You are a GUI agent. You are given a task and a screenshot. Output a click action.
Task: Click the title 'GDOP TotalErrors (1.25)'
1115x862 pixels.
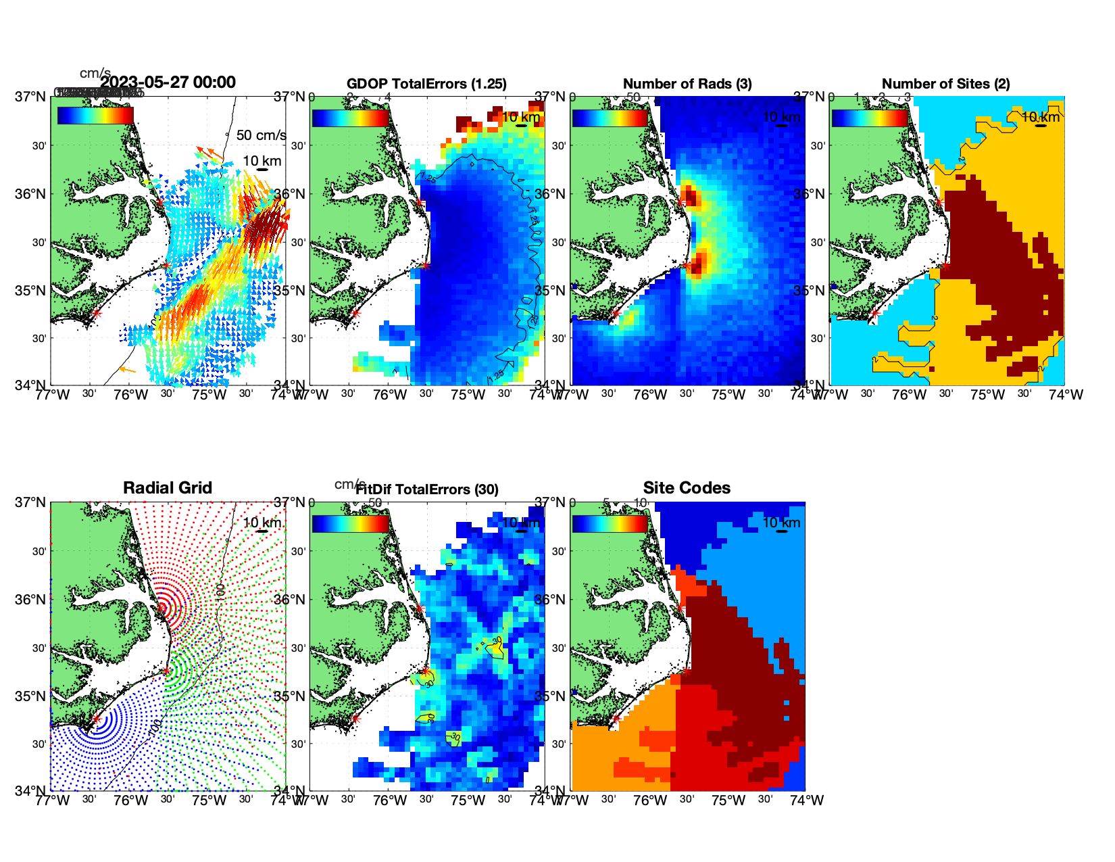coord(426,84)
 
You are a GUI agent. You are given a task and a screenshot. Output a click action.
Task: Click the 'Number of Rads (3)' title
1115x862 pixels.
coord(687,84)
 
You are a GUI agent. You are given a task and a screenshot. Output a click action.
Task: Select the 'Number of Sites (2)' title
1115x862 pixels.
coord(945,84)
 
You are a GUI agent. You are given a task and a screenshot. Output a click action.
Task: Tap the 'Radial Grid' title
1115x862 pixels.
coord(168,488)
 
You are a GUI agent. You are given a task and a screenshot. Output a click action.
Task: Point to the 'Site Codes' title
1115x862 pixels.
coord(687,488)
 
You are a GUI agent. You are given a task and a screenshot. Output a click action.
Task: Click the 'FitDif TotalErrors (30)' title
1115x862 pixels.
coord(427,489)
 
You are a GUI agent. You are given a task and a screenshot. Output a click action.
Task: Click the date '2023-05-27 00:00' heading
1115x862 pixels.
coord(168,82)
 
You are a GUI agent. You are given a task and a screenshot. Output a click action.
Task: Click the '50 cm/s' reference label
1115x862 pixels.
coord(261,135)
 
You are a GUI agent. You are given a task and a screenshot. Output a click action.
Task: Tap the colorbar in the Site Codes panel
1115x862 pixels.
coord(610,523)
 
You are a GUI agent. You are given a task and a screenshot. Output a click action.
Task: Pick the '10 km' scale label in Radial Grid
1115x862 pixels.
coord(262,523)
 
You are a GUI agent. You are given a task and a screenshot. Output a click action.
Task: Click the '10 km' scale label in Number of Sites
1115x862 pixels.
coord(1041,118)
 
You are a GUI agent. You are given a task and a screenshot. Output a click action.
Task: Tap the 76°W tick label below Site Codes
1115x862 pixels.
coord(650,800)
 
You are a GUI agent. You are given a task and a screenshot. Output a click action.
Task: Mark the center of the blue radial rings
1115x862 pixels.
coord(96,719)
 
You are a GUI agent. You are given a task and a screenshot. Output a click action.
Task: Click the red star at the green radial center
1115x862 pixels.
coord(166,671)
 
